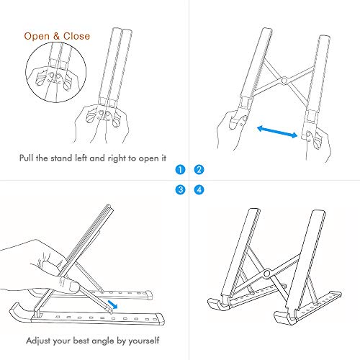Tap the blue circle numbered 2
click(199, 171)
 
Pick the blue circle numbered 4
click(199, 190)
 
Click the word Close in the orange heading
click(76, 36)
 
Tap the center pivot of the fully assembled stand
click(267, 273)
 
